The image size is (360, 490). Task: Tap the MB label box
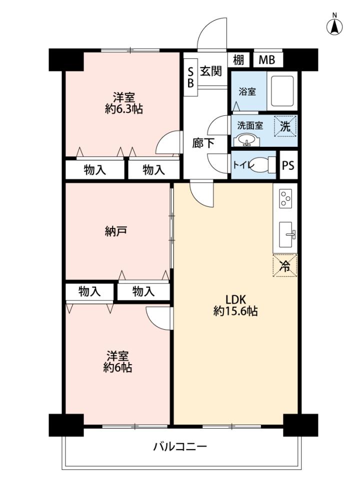(x=267, y=59)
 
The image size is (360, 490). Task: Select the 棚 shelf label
(x=238, y=59)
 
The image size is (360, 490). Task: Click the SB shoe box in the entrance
(x=190, y=77)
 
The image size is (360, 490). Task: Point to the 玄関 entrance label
(x=211, y=71)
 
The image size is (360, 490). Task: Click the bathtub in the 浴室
(x=282, y=91)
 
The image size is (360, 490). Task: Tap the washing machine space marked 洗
(x=285, y=126)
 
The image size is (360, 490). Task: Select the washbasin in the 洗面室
(x=247, y=140)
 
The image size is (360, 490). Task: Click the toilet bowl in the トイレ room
(x=262, y=164)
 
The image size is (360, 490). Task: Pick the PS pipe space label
(x=288, y=165)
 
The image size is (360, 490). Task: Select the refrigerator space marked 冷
(x=284, y=266)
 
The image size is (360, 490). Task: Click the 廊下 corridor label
(x=203, y=143)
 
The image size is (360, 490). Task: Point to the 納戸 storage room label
(x=115, y=232)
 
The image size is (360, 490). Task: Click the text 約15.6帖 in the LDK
(x=235, y=311)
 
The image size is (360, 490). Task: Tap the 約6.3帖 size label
(x=124, y=109)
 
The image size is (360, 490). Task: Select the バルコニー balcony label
(x=180, y=446)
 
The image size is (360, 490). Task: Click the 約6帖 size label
(x=117, y=368)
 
